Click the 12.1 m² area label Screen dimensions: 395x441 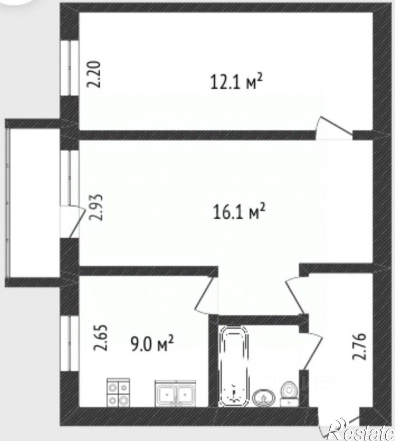(236, 82)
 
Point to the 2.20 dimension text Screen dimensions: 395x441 (94, 75)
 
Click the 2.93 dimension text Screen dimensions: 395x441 (95, 208)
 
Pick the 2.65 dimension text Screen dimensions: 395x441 (100, 337)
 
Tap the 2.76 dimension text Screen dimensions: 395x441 (360, 346)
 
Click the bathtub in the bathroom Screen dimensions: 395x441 (234, 366)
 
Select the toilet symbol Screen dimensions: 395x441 (289, 394)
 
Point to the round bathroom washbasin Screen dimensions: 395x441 (264, 398)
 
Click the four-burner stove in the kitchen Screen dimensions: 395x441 (118, 392)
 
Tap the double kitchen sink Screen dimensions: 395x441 (175, 393)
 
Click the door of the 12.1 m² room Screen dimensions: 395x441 (334, 128)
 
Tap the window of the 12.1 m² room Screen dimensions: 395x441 (69, 68)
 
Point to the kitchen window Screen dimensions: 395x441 (69, 343)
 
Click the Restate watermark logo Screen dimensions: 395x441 (361, 430)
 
